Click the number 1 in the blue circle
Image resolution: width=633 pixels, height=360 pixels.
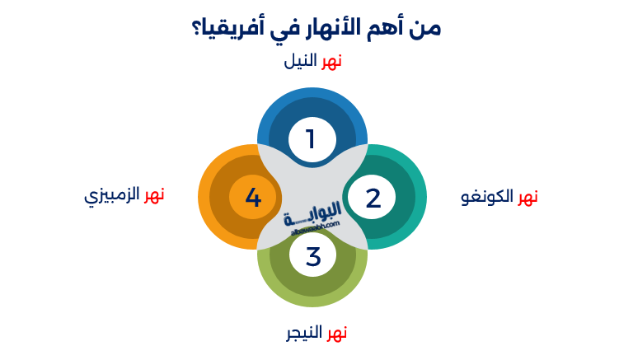[x=311, y=139]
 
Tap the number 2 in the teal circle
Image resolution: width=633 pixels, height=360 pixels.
[x=373, y=198]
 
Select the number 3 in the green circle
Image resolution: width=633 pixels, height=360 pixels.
[x=313, y=256]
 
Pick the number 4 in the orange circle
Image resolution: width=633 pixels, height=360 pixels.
[x=253, y=198]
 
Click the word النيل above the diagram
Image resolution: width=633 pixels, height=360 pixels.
[x=301, y=62]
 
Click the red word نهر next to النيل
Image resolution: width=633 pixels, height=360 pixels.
[x=331, y=62]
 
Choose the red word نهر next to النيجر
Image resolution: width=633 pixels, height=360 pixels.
[x=336, y=333]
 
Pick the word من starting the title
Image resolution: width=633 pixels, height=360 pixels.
[x=429, y=28]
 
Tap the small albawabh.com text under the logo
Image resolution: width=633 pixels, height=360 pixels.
[x=312, y=231]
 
